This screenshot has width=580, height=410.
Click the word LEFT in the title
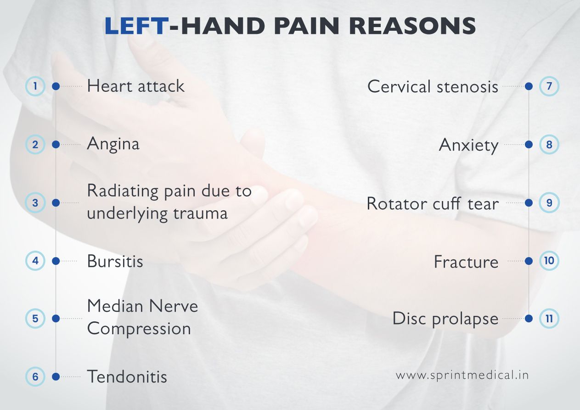pos(136,27)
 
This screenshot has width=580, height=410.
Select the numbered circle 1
pos(35,86)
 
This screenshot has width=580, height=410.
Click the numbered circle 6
pos(35,377)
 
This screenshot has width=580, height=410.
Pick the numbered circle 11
pos(549,318)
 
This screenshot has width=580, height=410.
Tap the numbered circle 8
pos(549,145)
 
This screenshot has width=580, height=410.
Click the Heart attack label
pos(135,86)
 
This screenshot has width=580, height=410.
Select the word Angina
pos(113,145)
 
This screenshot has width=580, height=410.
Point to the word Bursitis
pos(115,261)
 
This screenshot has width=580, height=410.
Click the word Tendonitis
pos(127,377)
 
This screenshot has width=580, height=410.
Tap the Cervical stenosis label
pos(433,86)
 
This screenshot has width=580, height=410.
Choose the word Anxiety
pos(468,146)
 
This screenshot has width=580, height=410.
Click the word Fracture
pos(466,262)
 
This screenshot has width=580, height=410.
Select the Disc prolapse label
pos(445,319)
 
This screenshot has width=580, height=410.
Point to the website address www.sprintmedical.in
pos(462,375)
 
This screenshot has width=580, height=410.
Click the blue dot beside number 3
pos(56,202)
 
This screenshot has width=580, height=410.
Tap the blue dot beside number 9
pos(529,202)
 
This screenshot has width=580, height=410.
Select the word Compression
pos(139,329)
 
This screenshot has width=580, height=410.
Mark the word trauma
pos(200,213)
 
